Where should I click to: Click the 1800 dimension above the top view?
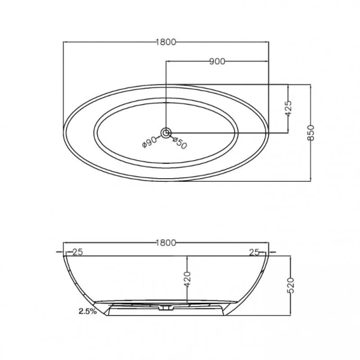[x=166, y=41]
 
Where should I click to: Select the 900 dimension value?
[x=217, y=61]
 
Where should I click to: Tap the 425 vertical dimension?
[x=289, y=108]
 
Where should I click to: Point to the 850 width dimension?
[x=311, y=132]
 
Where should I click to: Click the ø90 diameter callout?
[x=149, y=142]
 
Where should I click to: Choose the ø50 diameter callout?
[x=180, y=143]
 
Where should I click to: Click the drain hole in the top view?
[x=166, y=132]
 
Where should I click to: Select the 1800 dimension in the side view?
[x=166, y=243]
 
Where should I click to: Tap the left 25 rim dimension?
[x=76, y=253]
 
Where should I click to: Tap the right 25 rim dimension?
[x=254, y=253]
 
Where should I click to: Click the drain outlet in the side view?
[x=165, y=310]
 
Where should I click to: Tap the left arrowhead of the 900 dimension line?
[x=168, y=61]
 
